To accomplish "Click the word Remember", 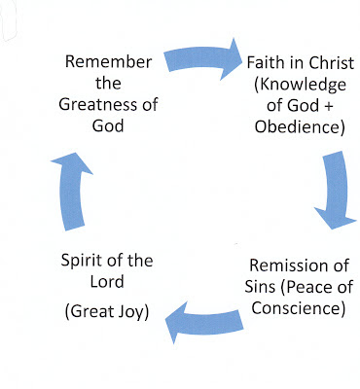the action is (x=108, y=61).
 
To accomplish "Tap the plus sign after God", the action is (x=328, y=107).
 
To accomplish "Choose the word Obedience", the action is (x=298, y=126).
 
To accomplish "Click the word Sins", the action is (x=261, y=287).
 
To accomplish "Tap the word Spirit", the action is (x=80, y=262).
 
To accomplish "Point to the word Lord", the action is (x=107, y=281).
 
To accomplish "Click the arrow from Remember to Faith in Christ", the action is (x=202, y=58).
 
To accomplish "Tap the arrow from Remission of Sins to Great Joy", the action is (x=204, y=322).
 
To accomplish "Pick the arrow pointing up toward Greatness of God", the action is (x=72, y=192).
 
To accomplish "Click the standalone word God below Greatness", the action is (x=108, y=125).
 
